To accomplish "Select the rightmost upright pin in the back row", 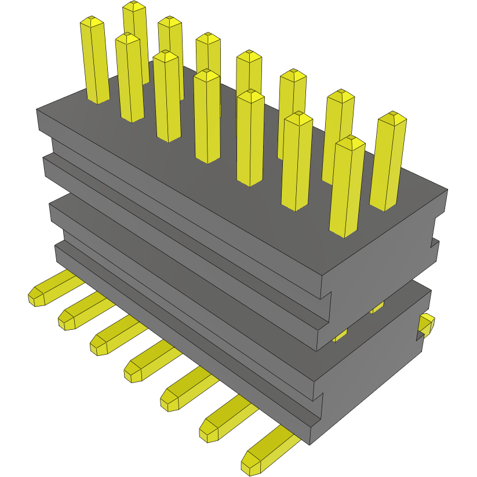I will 388,162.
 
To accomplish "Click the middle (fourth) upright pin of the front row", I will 207,116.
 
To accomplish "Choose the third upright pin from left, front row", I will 167,96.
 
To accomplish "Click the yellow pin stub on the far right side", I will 427,325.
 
